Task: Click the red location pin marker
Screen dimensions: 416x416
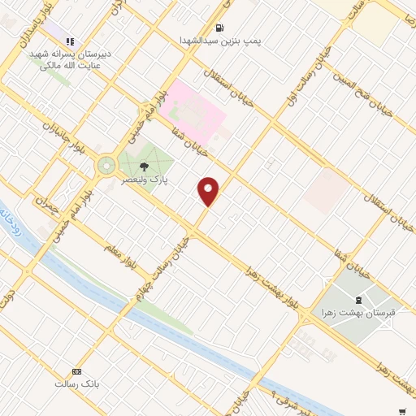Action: tap(209, 191)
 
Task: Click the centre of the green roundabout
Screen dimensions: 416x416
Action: tap(106, 165)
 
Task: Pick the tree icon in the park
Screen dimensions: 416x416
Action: tap(145, 167)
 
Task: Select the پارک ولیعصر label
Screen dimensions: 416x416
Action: tap(145, 178)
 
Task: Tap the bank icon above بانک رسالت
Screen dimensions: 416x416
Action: tap(77, 371)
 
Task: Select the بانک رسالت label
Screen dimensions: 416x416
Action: tap(77, 383)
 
